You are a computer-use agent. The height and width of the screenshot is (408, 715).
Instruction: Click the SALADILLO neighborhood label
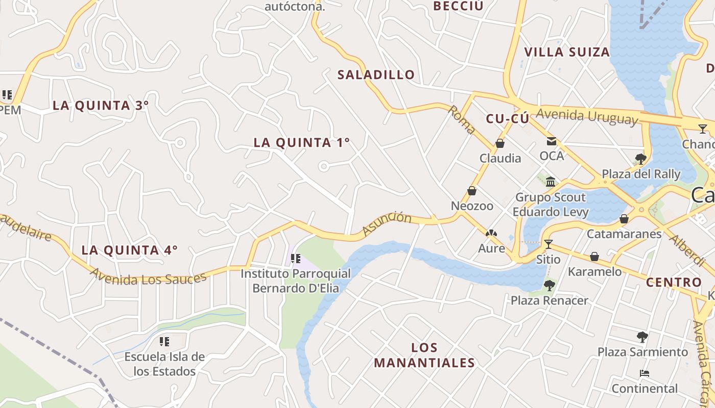tap(376, 75)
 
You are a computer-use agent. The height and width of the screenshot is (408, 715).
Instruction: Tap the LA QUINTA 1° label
tap(302, 143)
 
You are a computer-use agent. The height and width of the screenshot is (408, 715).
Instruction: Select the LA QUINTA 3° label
tap(101, 106)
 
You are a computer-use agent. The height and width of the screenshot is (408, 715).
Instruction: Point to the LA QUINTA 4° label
tap(130, 250)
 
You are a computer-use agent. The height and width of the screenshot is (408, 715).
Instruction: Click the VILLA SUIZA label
tap(567, 52)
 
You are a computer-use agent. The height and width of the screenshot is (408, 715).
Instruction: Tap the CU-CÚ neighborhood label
tap(507, 119)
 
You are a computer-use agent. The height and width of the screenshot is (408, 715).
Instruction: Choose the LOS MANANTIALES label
tap(424, 355)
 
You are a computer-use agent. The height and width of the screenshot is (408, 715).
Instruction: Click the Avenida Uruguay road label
tap(587, 116)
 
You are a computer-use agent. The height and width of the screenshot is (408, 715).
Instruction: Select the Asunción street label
tap(387, 224)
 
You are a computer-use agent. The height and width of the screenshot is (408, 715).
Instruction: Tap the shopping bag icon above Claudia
tap(500, 144)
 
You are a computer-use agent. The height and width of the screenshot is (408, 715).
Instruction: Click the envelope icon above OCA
tap(552, 141)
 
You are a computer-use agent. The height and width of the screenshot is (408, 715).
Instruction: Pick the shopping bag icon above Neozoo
tap(472, 191)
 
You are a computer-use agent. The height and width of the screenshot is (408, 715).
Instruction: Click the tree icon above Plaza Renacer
tap(550, 285)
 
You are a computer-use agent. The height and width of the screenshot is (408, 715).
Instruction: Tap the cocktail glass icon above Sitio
tap(549, 244)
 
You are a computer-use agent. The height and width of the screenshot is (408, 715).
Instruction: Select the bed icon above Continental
tap(645, 373)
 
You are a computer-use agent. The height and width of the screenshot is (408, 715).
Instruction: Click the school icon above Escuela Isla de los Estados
tap(164, 341)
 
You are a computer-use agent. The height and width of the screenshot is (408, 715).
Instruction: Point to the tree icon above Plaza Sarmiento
tap(642, 337)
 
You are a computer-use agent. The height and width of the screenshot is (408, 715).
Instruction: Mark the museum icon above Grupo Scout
tap(551, 182)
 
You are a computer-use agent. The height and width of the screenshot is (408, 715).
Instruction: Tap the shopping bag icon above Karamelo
tap(594, 257)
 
